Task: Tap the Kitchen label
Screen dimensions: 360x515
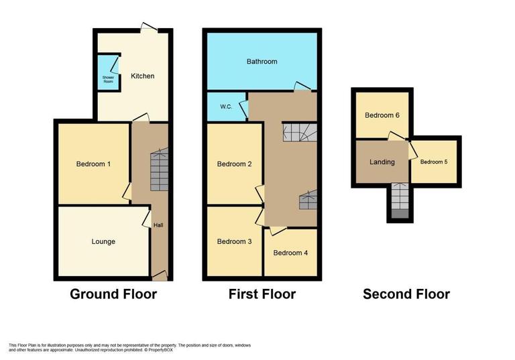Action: click(x=142, y=76)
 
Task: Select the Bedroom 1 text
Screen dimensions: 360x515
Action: click(x=93, y=164)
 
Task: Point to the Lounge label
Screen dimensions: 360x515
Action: click(x=103, y=241)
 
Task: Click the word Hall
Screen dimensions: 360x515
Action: click(x=158, y=225)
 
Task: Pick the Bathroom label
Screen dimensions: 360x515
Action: click(x=262, y=62)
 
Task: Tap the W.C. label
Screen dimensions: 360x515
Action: click(x=225, y=107)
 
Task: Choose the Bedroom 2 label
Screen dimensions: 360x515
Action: click(x=234, y=164)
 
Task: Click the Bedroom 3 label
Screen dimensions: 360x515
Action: click(x=234, y=241)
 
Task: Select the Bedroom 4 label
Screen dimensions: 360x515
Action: click(x=290, y=253)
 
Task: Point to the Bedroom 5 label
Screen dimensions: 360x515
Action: click(x=434, y=162)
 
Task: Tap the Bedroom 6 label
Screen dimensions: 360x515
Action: click(x=382, y=115)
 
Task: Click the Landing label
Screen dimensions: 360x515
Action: click(x=382, y=162)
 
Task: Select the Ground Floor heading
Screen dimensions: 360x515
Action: click(x=113, y=294)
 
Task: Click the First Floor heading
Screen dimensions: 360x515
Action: click(x=262, y=294)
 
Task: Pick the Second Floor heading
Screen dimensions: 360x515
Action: click(x=406, y=294)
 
